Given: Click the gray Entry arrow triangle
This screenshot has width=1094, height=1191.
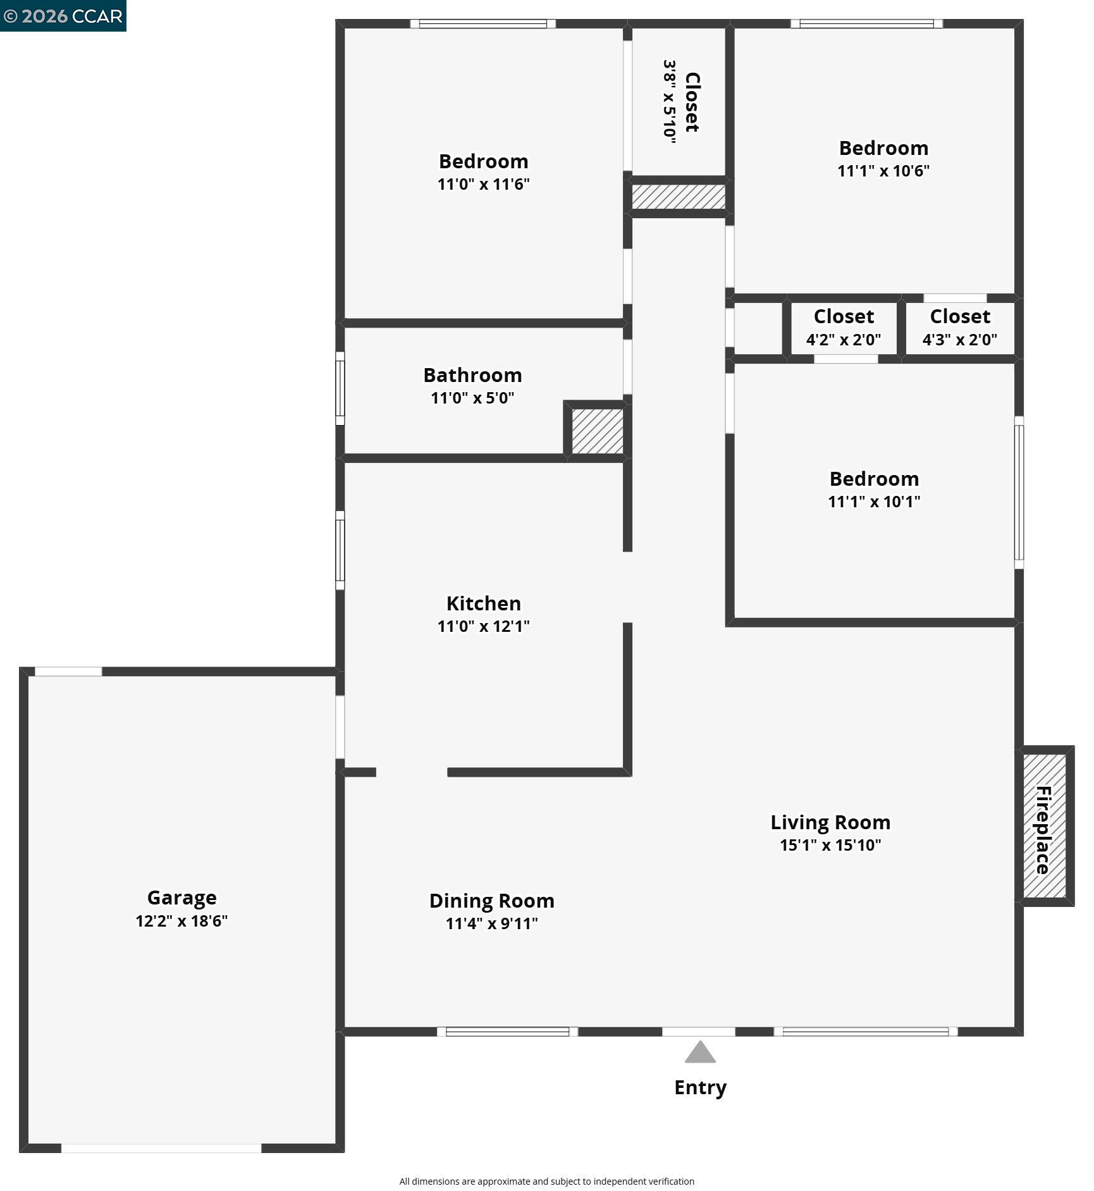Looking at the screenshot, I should pyautogui.click(x=700, y=1053).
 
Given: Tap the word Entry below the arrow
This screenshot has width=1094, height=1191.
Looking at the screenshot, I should pyautogui.click(x=700, y=1087).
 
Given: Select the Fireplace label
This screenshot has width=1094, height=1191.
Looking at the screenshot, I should pyautogui.click(x=1043, y=829).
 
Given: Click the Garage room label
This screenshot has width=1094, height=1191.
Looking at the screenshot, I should pyautogui.click(x=181, y=898).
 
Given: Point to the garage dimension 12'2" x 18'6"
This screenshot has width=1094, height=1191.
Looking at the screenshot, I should pyautogui.click(x=181, y=921).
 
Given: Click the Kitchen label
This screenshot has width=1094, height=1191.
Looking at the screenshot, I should pyautogui.click(x=484, y=603).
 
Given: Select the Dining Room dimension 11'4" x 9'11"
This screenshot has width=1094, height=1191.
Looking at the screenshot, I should pyautogui.click(x=491, y=923).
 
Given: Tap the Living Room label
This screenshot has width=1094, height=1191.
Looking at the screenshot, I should pyautogui.click(x=830, y=822).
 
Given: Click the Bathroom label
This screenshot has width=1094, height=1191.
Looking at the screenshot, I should pyautogui.click(x=472, y=375).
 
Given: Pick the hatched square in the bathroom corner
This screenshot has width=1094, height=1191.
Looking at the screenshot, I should pyautogui.click(x=597, y=431).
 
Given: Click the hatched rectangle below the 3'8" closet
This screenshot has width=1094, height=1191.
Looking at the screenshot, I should pyautogui.click(x=678, y=197).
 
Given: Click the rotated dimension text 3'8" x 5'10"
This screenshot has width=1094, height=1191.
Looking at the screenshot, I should pyautogui.click(x=669, y=102).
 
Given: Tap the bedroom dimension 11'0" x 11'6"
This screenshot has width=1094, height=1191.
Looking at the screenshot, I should pyautogui.click(x=484, y=184).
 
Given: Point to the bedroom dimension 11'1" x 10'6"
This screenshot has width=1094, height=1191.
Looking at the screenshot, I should pyautogui.click(x=883, y=171).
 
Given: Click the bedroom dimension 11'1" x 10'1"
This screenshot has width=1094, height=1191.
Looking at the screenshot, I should pyautogui.click(x=874, y=502).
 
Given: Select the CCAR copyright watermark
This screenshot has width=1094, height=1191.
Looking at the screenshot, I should pyautogui.click(x=63, y=16).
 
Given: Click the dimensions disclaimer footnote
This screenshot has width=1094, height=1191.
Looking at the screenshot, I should pyautogui.click(x=546, y=1181).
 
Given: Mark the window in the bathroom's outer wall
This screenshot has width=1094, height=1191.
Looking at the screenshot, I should pyautogui.click(x=340, y=388).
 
